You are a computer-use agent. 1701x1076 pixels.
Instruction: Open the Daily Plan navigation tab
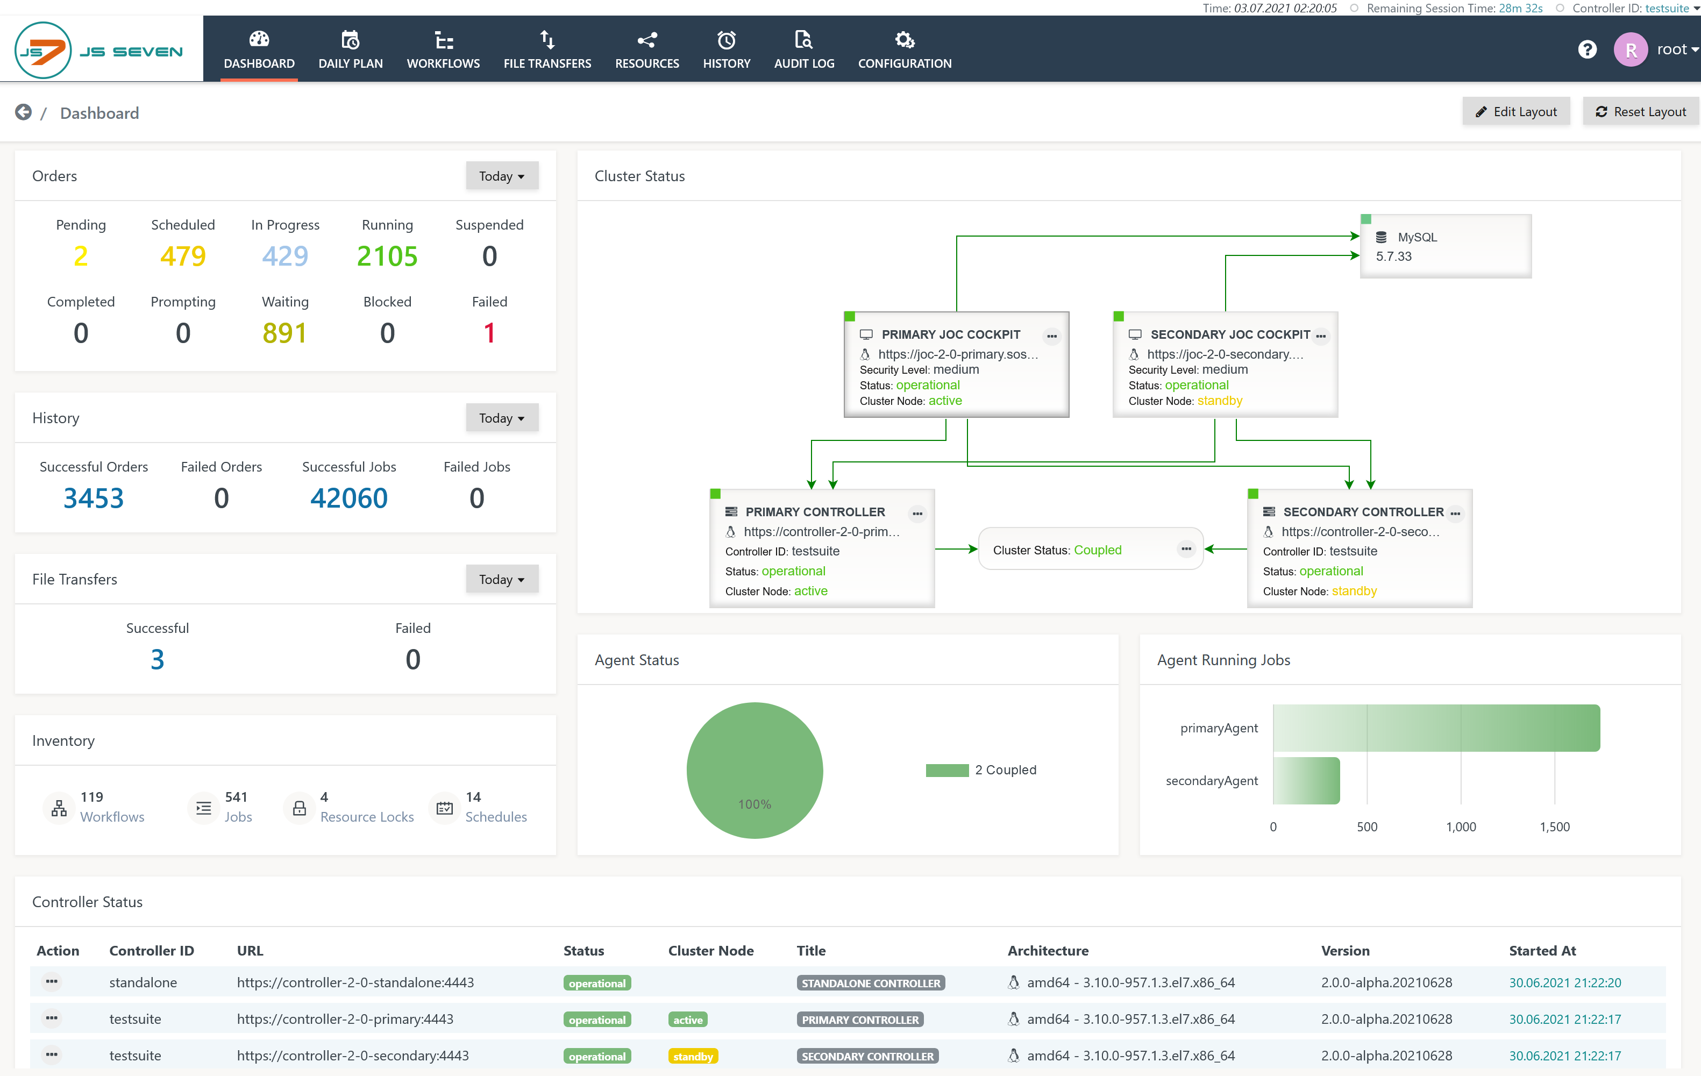[x=351, y=49]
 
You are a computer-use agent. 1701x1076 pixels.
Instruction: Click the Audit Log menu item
[x=804, y=49]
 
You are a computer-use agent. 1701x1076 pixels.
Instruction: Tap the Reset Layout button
[x=1640, y=112]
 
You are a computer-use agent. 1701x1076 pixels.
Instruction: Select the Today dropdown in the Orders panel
[x=502, y=176]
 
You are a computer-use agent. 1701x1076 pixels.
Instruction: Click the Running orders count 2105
[x=387, y=256]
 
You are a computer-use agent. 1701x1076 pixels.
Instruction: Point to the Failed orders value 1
[x=489, y=333]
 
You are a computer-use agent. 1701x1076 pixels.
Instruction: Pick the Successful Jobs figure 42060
[x=349, y=498]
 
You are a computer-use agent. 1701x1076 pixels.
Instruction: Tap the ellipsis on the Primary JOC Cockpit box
[x=1052, y=336]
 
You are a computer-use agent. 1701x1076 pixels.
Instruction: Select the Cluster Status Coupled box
[x=1091, y=549]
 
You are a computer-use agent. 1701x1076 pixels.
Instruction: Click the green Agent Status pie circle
[x=755, y=769]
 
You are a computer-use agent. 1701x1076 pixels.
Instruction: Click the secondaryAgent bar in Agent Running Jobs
[x=1306, y=780]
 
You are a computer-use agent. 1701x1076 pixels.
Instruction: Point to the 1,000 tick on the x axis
[x=1461, y=826]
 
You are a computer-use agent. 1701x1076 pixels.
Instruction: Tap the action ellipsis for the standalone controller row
[x=52, y=982]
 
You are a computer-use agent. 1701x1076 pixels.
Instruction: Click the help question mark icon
[x=1588, y=49]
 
